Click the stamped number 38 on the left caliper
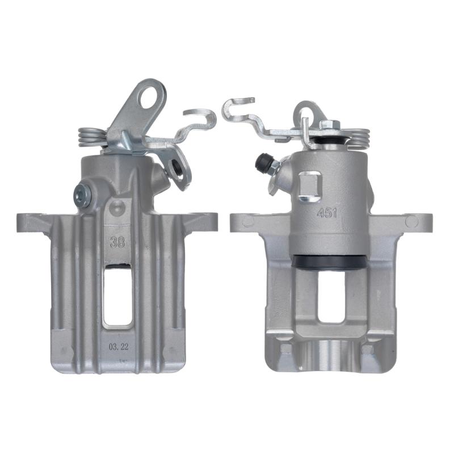[117, 242]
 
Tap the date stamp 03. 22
[119, 347]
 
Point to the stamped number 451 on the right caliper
[327, 213]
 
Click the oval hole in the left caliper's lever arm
[150, 97]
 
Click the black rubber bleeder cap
[263, 161]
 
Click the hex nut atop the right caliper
[330, 125]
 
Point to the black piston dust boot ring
[329, 262]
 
